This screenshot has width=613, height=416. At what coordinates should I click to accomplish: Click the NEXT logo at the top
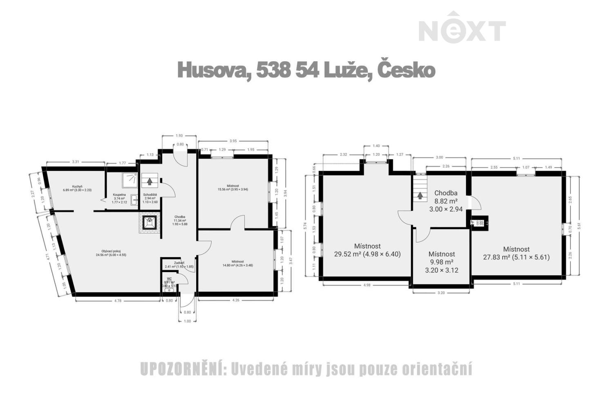[462, 29]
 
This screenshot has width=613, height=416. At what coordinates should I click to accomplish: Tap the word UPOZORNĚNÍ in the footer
[182, 369]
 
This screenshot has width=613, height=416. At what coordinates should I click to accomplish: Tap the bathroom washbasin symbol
[134, 199]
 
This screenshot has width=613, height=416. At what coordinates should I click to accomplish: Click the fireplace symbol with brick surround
[149, 223]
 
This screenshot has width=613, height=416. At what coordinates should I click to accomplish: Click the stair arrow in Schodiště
[150, 180]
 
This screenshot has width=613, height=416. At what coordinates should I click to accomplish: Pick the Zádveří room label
[179, 263]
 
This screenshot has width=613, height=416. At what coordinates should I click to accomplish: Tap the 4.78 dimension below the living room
[117, 301]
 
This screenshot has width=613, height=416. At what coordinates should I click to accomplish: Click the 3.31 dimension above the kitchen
[75, 162]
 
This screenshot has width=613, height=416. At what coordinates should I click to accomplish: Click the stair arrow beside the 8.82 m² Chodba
[420, 196]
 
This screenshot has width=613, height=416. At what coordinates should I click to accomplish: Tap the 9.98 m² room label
[441, 262]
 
